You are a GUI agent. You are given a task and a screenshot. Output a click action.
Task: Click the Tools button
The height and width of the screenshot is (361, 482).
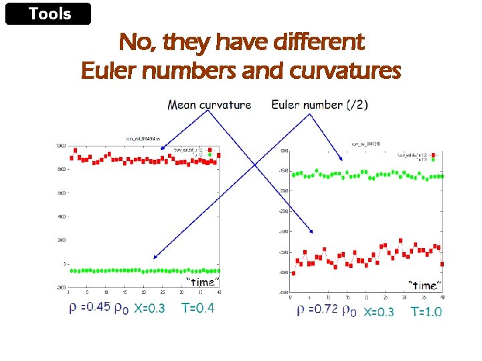(x=48, y=14)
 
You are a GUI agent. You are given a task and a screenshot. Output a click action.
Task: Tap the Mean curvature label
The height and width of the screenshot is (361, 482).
(x=209, y=104)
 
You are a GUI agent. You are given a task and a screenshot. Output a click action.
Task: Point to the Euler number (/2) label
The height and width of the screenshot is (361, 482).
(x=319, y=104)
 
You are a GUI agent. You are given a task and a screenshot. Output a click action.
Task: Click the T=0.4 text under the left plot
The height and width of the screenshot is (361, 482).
(x=198, y=308)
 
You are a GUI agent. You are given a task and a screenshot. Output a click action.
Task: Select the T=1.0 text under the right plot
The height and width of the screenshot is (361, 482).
(x=426, y=312)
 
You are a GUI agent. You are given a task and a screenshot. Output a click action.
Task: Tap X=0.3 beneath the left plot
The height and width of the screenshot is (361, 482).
(x=149, y=308)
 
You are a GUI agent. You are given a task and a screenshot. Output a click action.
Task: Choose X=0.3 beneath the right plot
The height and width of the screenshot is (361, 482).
(x=378, y=312)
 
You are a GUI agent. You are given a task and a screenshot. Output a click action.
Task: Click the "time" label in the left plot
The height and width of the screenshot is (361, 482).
(x=201, y=281)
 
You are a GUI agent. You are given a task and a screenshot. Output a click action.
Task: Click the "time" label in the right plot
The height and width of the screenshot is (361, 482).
(x=425, y=285)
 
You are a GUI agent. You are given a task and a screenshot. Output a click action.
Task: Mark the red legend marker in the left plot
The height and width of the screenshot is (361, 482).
(x=210, y=150)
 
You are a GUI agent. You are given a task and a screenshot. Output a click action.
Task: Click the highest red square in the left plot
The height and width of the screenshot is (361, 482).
(x=76, y=150)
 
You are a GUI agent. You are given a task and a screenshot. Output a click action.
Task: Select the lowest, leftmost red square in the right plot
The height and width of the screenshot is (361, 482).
(x=293, y=273)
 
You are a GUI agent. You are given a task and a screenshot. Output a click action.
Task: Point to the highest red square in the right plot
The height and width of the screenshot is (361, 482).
(x=400, y=240)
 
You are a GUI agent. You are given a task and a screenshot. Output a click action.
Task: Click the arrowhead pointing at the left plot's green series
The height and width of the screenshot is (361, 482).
(x=155, y=257)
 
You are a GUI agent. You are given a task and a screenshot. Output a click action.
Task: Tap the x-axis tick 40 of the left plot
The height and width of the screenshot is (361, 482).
(x=219, y=292)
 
